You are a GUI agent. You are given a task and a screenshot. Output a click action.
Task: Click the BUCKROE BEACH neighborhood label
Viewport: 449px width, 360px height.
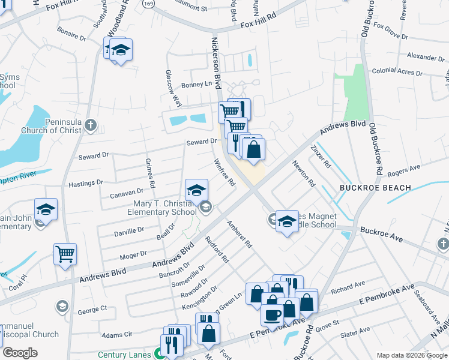pyautogui.click(x=375, y=188)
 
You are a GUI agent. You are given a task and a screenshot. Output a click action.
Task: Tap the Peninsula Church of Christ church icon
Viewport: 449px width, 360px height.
pyautogui.click(x=90, y=125)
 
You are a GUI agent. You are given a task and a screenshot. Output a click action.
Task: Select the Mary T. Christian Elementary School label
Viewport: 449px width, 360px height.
pyautogui.click(x=164, y=208)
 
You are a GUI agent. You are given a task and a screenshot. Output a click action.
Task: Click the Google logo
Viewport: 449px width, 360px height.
pyautogui.click(x=20, y=353)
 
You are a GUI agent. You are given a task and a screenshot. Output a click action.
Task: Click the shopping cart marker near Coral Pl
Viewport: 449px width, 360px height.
pyautogui.click(x=65, y=253)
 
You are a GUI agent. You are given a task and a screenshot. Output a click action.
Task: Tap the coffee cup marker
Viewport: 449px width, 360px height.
pyautogui.click(x=272, y=315)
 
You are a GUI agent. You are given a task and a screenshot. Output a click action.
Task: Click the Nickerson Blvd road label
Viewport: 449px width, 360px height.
pyautogui.click(x=215, y=63)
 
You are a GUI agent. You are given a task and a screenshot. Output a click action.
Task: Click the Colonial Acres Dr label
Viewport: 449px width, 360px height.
pyautogui.click(x=397, y=72)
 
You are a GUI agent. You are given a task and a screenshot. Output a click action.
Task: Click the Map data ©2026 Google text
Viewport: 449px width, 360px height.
pyautogui.click(x=411, y=355)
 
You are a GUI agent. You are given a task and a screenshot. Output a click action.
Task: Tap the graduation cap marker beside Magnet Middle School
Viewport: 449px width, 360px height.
pyautogui.click(x=287, y=221)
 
